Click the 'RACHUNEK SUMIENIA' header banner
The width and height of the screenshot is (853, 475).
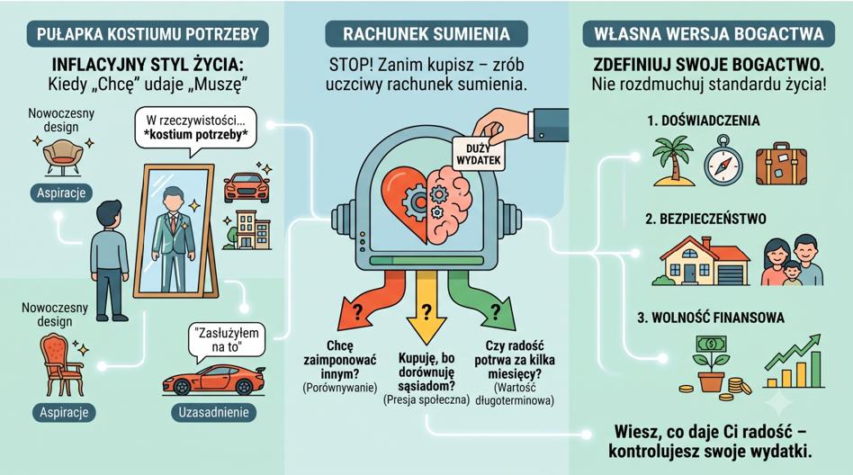426,33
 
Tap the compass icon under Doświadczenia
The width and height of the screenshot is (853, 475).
723,162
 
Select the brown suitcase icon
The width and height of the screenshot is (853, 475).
781,165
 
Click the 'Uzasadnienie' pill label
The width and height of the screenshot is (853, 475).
214,412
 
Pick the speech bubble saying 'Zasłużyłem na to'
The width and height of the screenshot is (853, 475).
227,341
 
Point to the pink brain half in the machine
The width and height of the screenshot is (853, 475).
449,204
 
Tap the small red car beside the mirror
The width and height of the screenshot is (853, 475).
247,187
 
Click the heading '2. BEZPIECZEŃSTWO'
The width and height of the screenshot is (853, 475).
705,219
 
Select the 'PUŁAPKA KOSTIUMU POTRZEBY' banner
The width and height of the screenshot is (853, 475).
148,33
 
